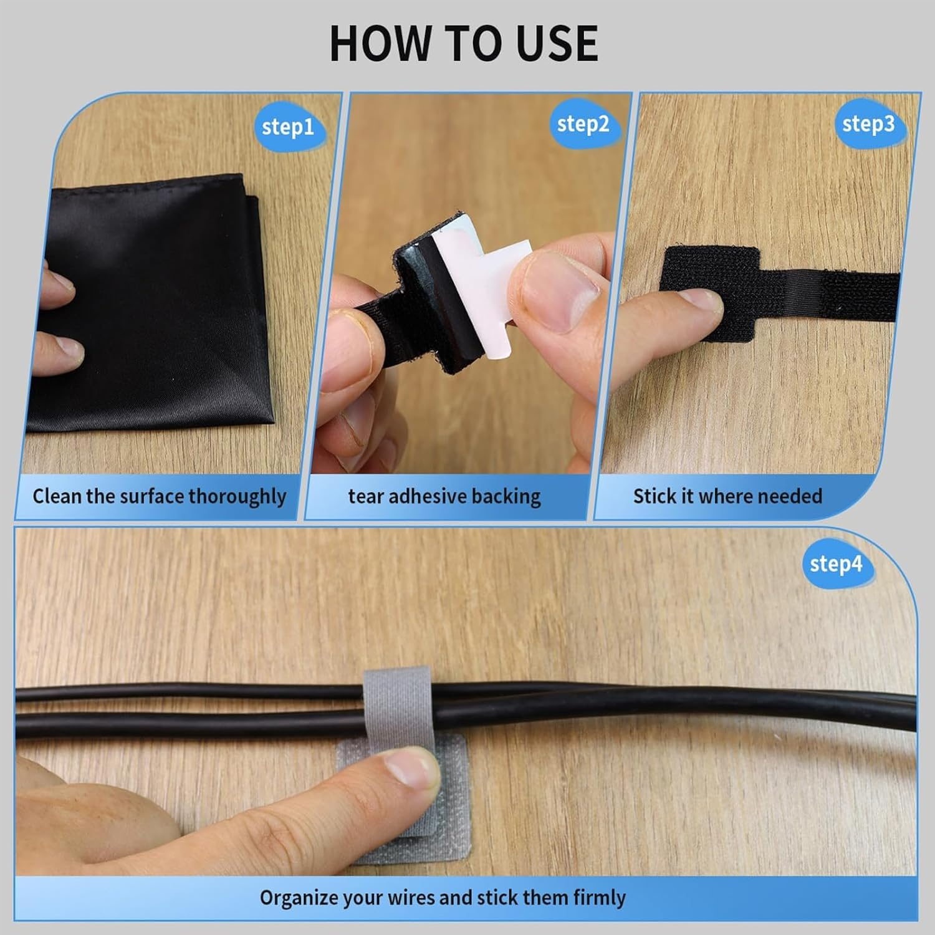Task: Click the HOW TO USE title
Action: pyautogui.click(x=464, y=44)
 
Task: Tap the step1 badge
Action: pyautogui.click(x=287, y=127)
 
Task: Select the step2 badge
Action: pyautogui.click(x=583, y=125)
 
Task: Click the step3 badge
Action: pyautogui.click(x=868, y=124)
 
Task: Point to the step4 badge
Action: pyautogui.click(x=835, y=564)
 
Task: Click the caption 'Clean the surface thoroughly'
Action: pyautogui.click(x=159, y=497)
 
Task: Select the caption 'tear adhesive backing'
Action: pyautogui.click(x=444, y=497)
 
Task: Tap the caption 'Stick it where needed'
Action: pyautogui.click(x=727, y=497)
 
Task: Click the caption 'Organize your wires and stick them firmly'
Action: pyautogui.click(x=443, y=898)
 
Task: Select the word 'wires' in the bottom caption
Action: pyautogui.click(x=411, y=898)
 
